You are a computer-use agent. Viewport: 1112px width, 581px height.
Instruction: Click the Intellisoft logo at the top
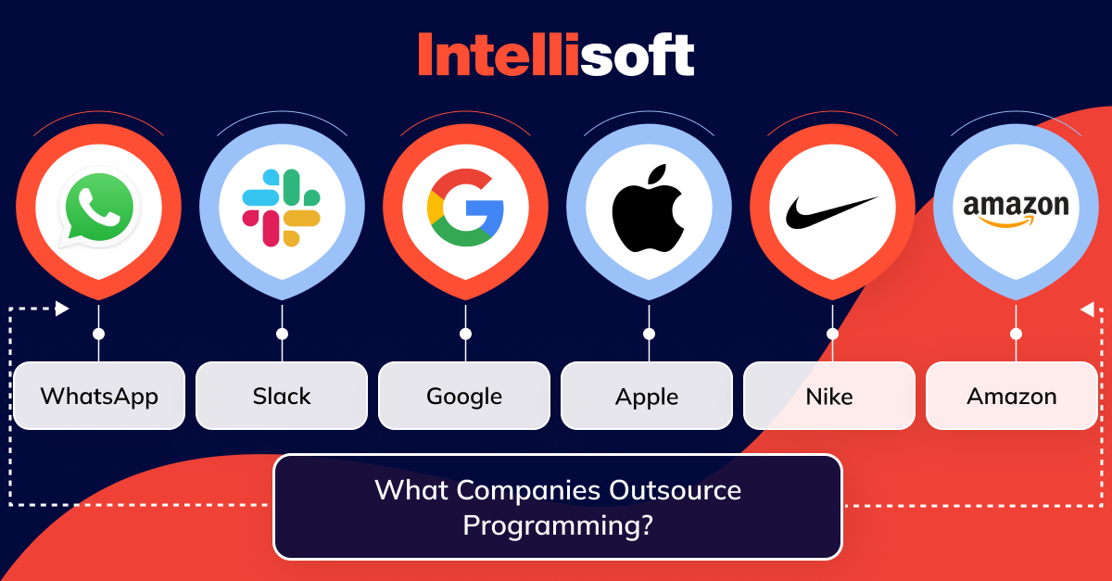tap(556, 56)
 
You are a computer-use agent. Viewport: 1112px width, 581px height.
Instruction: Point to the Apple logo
tap(647, 208)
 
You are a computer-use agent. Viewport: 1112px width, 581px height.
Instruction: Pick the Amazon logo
tap(1016, 209)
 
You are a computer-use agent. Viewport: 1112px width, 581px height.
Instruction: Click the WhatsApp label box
tap(99, 396)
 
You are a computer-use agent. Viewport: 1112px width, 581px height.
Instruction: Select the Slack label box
tap(282, 396)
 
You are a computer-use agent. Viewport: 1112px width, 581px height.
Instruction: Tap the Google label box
tap(464, 396)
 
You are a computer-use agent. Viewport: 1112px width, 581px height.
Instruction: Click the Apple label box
tap(647, 396)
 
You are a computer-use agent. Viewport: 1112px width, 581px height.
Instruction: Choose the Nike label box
tap(829, 396)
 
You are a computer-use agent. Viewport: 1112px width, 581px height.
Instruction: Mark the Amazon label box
tap(1012, 396)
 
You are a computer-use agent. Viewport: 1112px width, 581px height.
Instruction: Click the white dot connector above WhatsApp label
tap(98, 334)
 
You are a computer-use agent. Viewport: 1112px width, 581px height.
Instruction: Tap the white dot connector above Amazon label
tap(1016, 334)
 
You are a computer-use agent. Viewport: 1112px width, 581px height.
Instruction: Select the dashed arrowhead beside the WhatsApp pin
tap(62, 309)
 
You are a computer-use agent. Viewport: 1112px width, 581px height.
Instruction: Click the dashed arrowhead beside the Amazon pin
tap(1087, 309)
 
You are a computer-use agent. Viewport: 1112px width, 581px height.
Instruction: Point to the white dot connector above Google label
tap(465, 334)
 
